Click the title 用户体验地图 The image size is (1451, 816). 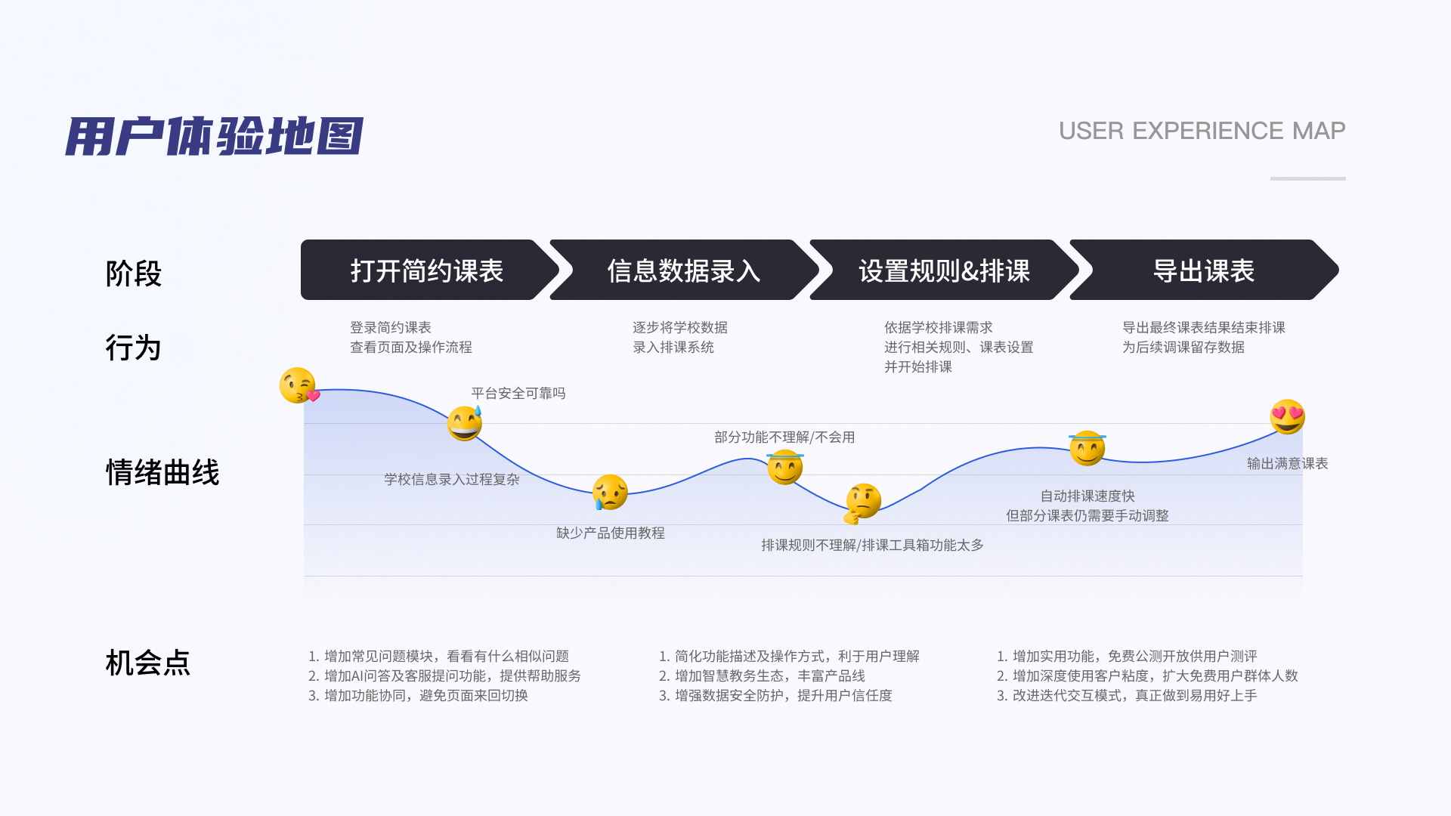(214, 136)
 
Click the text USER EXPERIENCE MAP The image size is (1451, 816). (1202, 131)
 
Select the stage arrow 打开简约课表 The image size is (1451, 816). (427, 270)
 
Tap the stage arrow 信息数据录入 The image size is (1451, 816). (683, 270)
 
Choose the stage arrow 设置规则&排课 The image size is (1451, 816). (944, 270)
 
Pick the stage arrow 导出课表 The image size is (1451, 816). (1203, 270)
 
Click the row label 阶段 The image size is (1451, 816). (134, 274)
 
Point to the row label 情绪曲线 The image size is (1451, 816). (162, 473)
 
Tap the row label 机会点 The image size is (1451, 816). (148, 663)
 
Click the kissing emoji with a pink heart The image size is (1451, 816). (299, 386)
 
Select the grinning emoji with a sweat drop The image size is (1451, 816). (465, 423)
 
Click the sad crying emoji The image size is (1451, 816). (610, 493)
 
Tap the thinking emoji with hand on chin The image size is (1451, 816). (862, 502)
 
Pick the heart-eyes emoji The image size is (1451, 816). (1287, 416)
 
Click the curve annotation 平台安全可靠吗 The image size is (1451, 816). (518, 394)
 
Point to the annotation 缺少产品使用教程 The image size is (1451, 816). (611, 533)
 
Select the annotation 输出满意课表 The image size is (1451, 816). (1287, 464)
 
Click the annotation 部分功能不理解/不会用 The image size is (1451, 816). (784, 437)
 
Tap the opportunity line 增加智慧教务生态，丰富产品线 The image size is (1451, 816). (762, 676)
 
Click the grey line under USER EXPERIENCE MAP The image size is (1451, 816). (1307, 178)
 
